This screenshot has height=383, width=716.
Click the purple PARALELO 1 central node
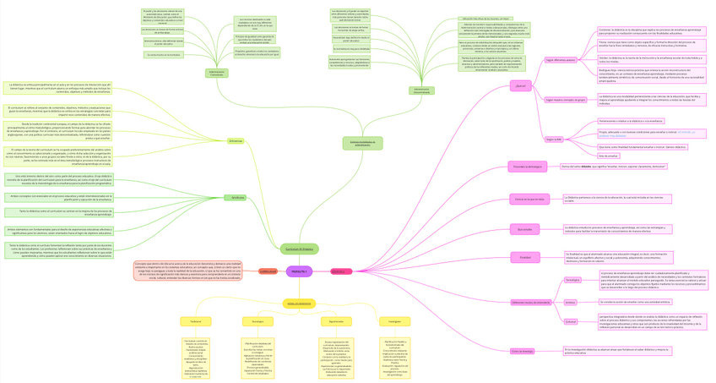coord(299,271)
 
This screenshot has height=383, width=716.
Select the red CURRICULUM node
coord(268,271)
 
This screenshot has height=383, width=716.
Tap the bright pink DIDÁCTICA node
coord(338,271)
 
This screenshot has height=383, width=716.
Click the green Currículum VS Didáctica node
coord(299,249)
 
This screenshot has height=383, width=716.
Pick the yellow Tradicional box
coord(196,321)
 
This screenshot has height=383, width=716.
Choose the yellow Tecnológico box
coord(258,321)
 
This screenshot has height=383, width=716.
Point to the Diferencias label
coord(236,140)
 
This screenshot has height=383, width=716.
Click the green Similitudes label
coord(236,197)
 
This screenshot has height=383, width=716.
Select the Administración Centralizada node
coord(217,74)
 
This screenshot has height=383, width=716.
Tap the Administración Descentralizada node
coord(422,90)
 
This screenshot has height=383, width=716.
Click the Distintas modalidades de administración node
coord(362,144)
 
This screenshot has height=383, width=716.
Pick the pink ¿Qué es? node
coord(520,85)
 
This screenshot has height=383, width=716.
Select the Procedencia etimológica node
coord(527,167)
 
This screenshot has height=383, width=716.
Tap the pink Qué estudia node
coord(524,228)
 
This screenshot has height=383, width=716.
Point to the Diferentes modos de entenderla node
coord(530,302)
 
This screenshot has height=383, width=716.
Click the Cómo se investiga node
coord(522,351)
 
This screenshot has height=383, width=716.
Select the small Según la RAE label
coord(554,139)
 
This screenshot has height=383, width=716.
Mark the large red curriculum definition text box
coord(187,271)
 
